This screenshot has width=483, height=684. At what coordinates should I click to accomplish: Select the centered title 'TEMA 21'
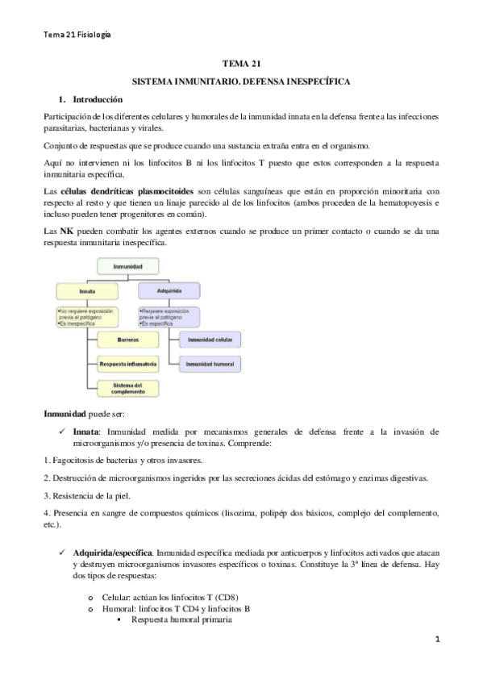[x=241, y=64]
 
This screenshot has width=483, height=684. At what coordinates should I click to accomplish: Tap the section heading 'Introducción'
[x=98, y=99]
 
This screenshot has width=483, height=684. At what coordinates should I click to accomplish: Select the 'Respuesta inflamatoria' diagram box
[x=127, y=365]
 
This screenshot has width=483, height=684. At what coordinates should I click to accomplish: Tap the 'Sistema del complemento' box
[x=127, y=388]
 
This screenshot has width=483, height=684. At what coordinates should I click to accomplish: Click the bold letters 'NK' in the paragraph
[x=68, y=231]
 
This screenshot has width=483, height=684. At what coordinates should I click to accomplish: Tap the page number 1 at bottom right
[x=437, y=640]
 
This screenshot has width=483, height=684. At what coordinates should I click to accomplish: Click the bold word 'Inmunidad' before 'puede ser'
[x=64, y=413]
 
